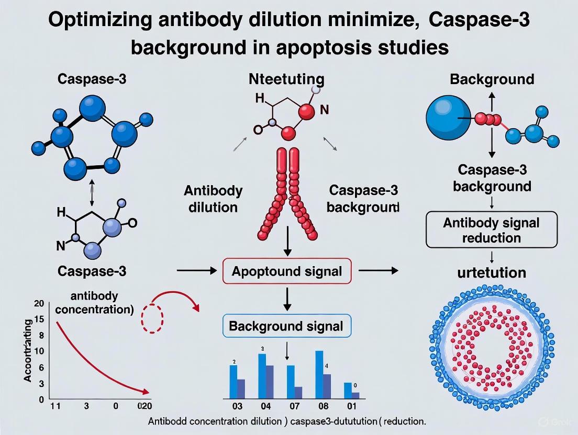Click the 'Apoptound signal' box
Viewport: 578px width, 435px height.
point(287,271)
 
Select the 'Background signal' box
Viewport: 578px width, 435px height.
point(286,327)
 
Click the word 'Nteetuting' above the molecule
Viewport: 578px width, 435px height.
point(287,79)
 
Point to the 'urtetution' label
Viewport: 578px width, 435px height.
point(492,272)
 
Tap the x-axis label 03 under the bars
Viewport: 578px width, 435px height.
point(237,406)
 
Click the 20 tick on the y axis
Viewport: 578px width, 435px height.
point(38,304)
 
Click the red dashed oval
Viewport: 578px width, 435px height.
point(153,316)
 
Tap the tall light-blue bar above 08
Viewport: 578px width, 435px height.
point(319,374)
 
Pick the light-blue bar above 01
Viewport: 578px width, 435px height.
point(348,391)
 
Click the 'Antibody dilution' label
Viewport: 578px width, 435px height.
point(213,198)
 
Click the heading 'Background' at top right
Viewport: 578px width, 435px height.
point(492,79)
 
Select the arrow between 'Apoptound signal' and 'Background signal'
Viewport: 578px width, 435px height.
point(287,299)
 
